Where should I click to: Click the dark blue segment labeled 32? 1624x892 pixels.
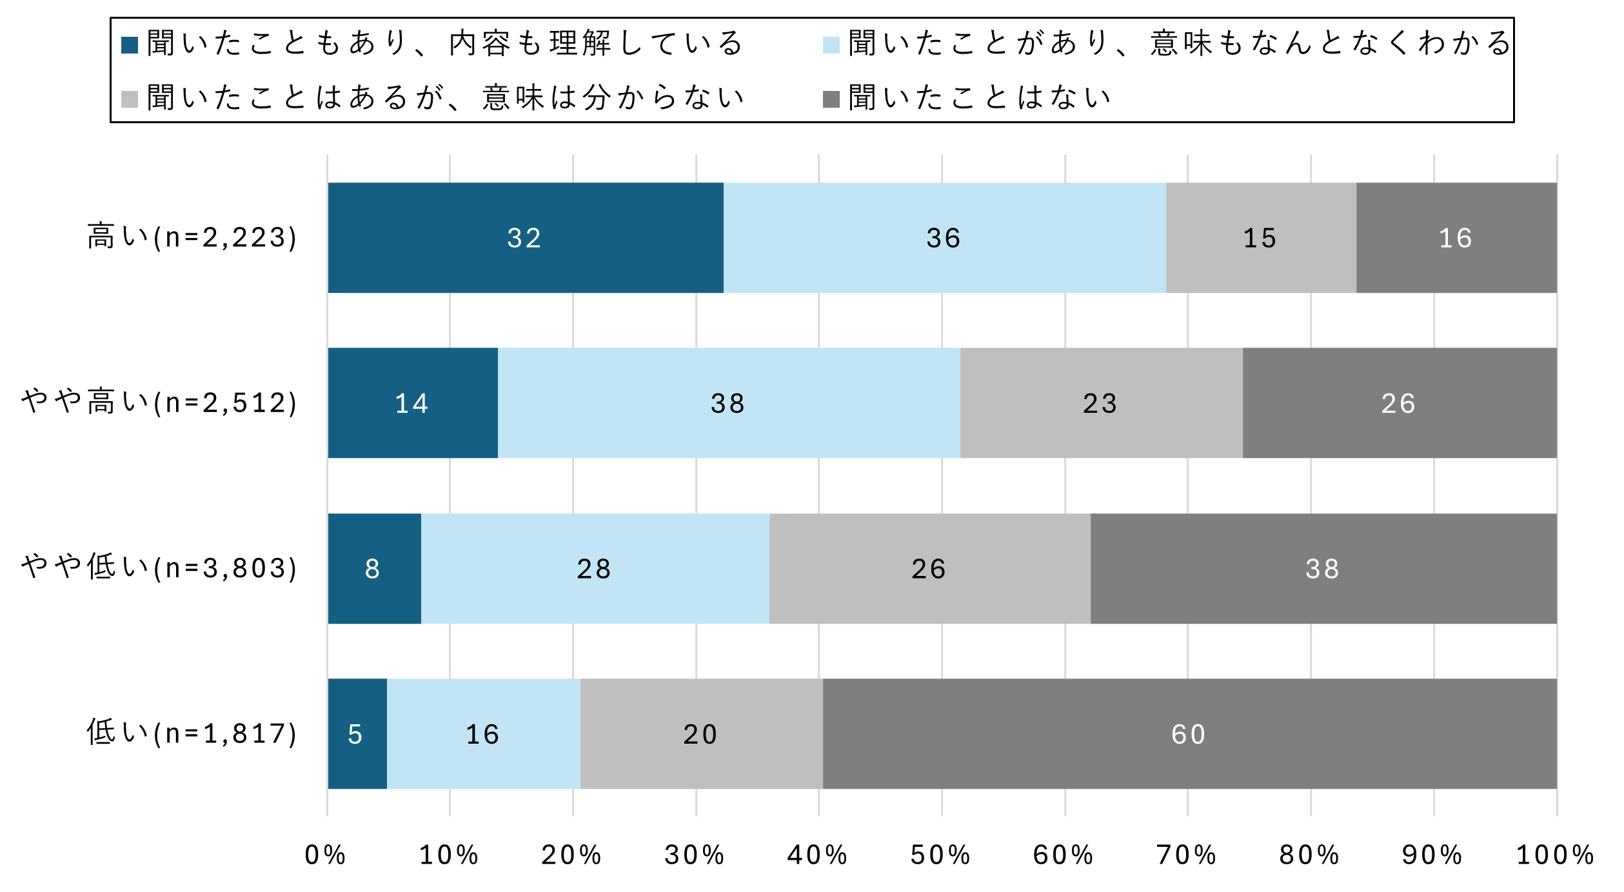[x=525, y=238]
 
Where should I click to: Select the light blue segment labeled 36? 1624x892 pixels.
[x=944, y=238]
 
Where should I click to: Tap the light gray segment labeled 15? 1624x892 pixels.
[x=1260, y=238]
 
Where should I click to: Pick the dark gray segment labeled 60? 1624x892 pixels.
[x=1189, y=734]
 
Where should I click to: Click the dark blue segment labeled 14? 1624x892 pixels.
[x=412, y=403]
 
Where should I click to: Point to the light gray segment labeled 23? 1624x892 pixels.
[x=1101, y=403]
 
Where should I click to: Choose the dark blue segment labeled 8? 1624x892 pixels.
[x=373, y=569]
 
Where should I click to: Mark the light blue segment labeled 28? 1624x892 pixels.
[x=595, y=569]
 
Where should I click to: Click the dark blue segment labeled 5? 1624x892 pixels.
[x=357, y=734]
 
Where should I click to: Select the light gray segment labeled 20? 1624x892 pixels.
[x=701, y=734]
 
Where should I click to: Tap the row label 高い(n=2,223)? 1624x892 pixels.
[x=192, y=237]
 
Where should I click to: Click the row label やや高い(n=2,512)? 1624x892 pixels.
[x=159, y=402]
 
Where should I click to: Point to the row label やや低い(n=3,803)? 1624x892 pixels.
[x=159, y=568]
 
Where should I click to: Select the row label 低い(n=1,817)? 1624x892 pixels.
[x=192, y=733]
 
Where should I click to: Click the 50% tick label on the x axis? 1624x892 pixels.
[x=940, y=855]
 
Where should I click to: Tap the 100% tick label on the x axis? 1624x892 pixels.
[x=1555, y=855]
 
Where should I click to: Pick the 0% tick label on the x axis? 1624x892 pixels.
[x=326, y=855]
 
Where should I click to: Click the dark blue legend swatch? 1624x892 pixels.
[x=130, y=45]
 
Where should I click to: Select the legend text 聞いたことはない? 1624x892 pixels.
[x=980, y=98]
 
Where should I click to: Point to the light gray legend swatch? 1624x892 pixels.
[x=130, y=99]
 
